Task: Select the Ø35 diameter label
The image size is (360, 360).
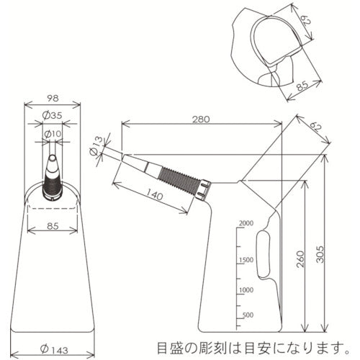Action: point(52,114)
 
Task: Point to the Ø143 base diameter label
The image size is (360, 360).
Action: point(53,348)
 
